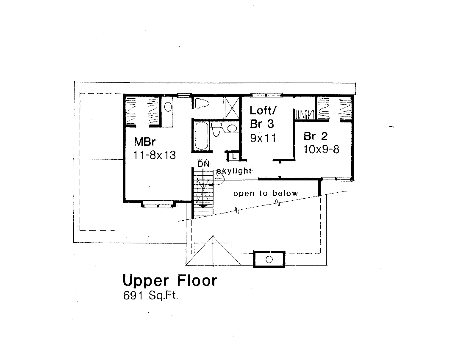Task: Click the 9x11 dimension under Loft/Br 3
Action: point(263,138)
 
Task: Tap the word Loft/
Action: point(263,111)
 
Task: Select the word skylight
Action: point(235,171)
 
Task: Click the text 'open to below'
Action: point(266,194)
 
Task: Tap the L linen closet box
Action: point(233,157)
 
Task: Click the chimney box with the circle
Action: point(269,259)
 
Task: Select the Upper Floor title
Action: point(169,280)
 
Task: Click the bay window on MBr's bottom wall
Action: point(158,205)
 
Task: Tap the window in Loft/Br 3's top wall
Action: point(266,94)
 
